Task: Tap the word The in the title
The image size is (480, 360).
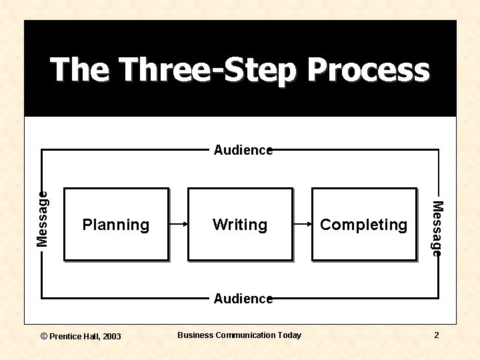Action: [x=79, y=70]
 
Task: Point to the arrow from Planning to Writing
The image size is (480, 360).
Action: [x=177, y=225]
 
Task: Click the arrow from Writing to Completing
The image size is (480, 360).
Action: [x=302, y=225]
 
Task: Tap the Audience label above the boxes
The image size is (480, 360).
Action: [x=243, y=151]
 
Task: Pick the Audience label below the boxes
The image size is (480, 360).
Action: [x=243, y=299]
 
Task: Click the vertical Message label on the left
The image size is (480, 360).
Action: [x=43, y=218]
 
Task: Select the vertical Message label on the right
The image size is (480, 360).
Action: [x=437, y=228]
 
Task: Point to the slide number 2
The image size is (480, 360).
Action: [x=437, y=335]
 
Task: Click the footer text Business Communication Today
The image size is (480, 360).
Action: [x=239, y=335]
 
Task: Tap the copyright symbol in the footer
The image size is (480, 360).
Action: [x=44, y=336]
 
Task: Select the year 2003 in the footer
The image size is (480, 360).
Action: [x=112, y=336]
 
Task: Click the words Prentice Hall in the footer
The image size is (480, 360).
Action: [x=75, y=336]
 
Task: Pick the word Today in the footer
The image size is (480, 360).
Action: [x=290, y=335]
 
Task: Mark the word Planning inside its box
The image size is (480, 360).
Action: [x=116, y=225]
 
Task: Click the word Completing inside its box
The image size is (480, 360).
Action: [x=364, y=225]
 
